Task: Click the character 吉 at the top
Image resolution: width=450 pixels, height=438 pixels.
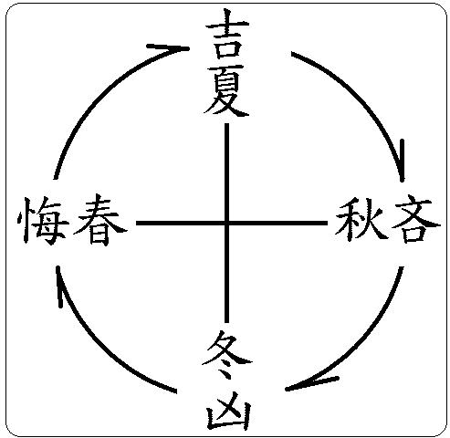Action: (227, 34)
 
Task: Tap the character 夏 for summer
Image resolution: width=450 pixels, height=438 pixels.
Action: (226, 91)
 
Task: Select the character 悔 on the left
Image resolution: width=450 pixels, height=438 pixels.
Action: (43, 220)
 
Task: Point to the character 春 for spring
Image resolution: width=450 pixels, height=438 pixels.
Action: (99, 220)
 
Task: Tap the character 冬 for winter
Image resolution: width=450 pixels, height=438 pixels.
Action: (227, 355)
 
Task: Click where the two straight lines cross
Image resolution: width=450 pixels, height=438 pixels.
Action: (226, 224)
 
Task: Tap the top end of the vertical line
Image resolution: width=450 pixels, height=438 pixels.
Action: (226, 124)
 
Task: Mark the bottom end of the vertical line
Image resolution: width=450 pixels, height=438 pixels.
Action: (226, 322)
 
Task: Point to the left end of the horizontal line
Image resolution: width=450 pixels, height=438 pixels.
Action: (137, 224)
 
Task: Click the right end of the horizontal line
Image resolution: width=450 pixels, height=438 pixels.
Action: (327, 224)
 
